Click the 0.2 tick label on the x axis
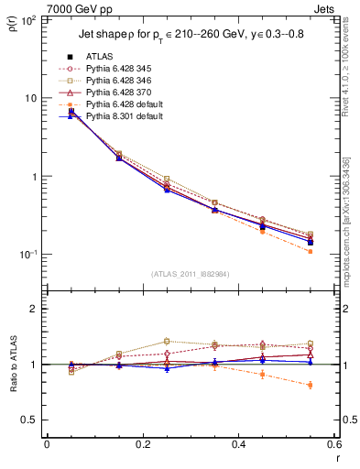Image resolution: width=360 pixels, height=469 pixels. pos(142,444)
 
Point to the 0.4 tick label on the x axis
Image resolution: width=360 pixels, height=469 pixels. pos(238,444)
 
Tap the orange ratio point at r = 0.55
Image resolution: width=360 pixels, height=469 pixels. pos(311,385)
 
